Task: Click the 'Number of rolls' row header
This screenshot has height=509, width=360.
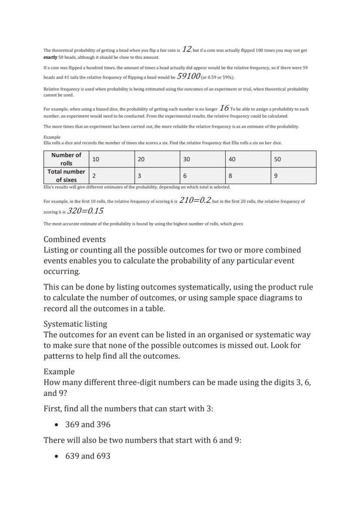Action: (66, 159)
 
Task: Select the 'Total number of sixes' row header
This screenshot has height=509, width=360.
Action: (66, 176)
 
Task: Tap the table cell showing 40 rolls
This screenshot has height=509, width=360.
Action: (248, 159)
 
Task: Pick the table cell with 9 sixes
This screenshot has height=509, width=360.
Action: (293, 176)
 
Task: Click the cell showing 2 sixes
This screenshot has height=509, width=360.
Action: (112, 176)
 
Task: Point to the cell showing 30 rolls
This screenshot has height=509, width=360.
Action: (202, 159)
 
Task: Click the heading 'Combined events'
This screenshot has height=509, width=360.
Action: (74, 240)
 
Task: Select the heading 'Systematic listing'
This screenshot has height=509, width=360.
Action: (75, 324)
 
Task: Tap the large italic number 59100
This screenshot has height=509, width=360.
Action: (189, 76)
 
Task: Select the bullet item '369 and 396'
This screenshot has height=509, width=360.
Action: (88, 424)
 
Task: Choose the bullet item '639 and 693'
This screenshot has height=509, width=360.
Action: (88, 456)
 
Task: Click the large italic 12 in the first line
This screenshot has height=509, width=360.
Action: (187, 49)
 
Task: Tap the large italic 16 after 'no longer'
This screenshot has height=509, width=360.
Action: (224, 108)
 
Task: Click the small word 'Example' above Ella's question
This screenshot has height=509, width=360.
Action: (52, 137)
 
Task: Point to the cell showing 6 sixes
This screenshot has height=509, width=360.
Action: (202, 176)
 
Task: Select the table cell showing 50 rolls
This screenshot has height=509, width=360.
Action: (293, 159)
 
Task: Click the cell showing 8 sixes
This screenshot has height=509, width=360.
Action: (248, 176)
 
